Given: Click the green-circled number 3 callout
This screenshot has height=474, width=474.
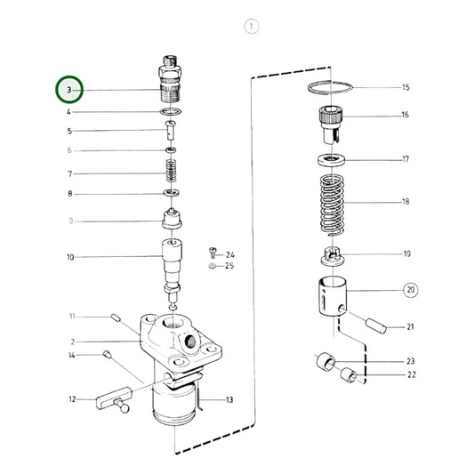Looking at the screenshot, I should coord(69,90).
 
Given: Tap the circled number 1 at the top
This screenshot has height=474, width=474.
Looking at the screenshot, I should coord(252,27).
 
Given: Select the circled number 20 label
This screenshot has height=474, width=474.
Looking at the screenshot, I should coord(410,290).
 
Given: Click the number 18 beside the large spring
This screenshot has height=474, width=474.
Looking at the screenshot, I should coord(406,202).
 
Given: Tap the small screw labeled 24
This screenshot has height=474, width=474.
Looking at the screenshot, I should coord(212,253).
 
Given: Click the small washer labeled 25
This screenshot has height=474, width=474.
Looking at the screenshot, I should coord(211,265).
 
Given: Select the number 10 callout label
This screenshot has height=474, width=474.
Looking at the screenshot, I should coord(69,258).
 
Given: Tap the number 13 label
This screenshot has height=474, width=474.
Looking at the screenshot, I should coord(229,400).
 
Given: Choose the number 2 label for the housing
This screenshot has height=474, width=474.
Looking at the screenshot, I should coord(75,341).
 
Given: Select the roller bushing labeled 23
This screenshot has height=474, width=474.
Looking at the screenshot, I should coord(324,361).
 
